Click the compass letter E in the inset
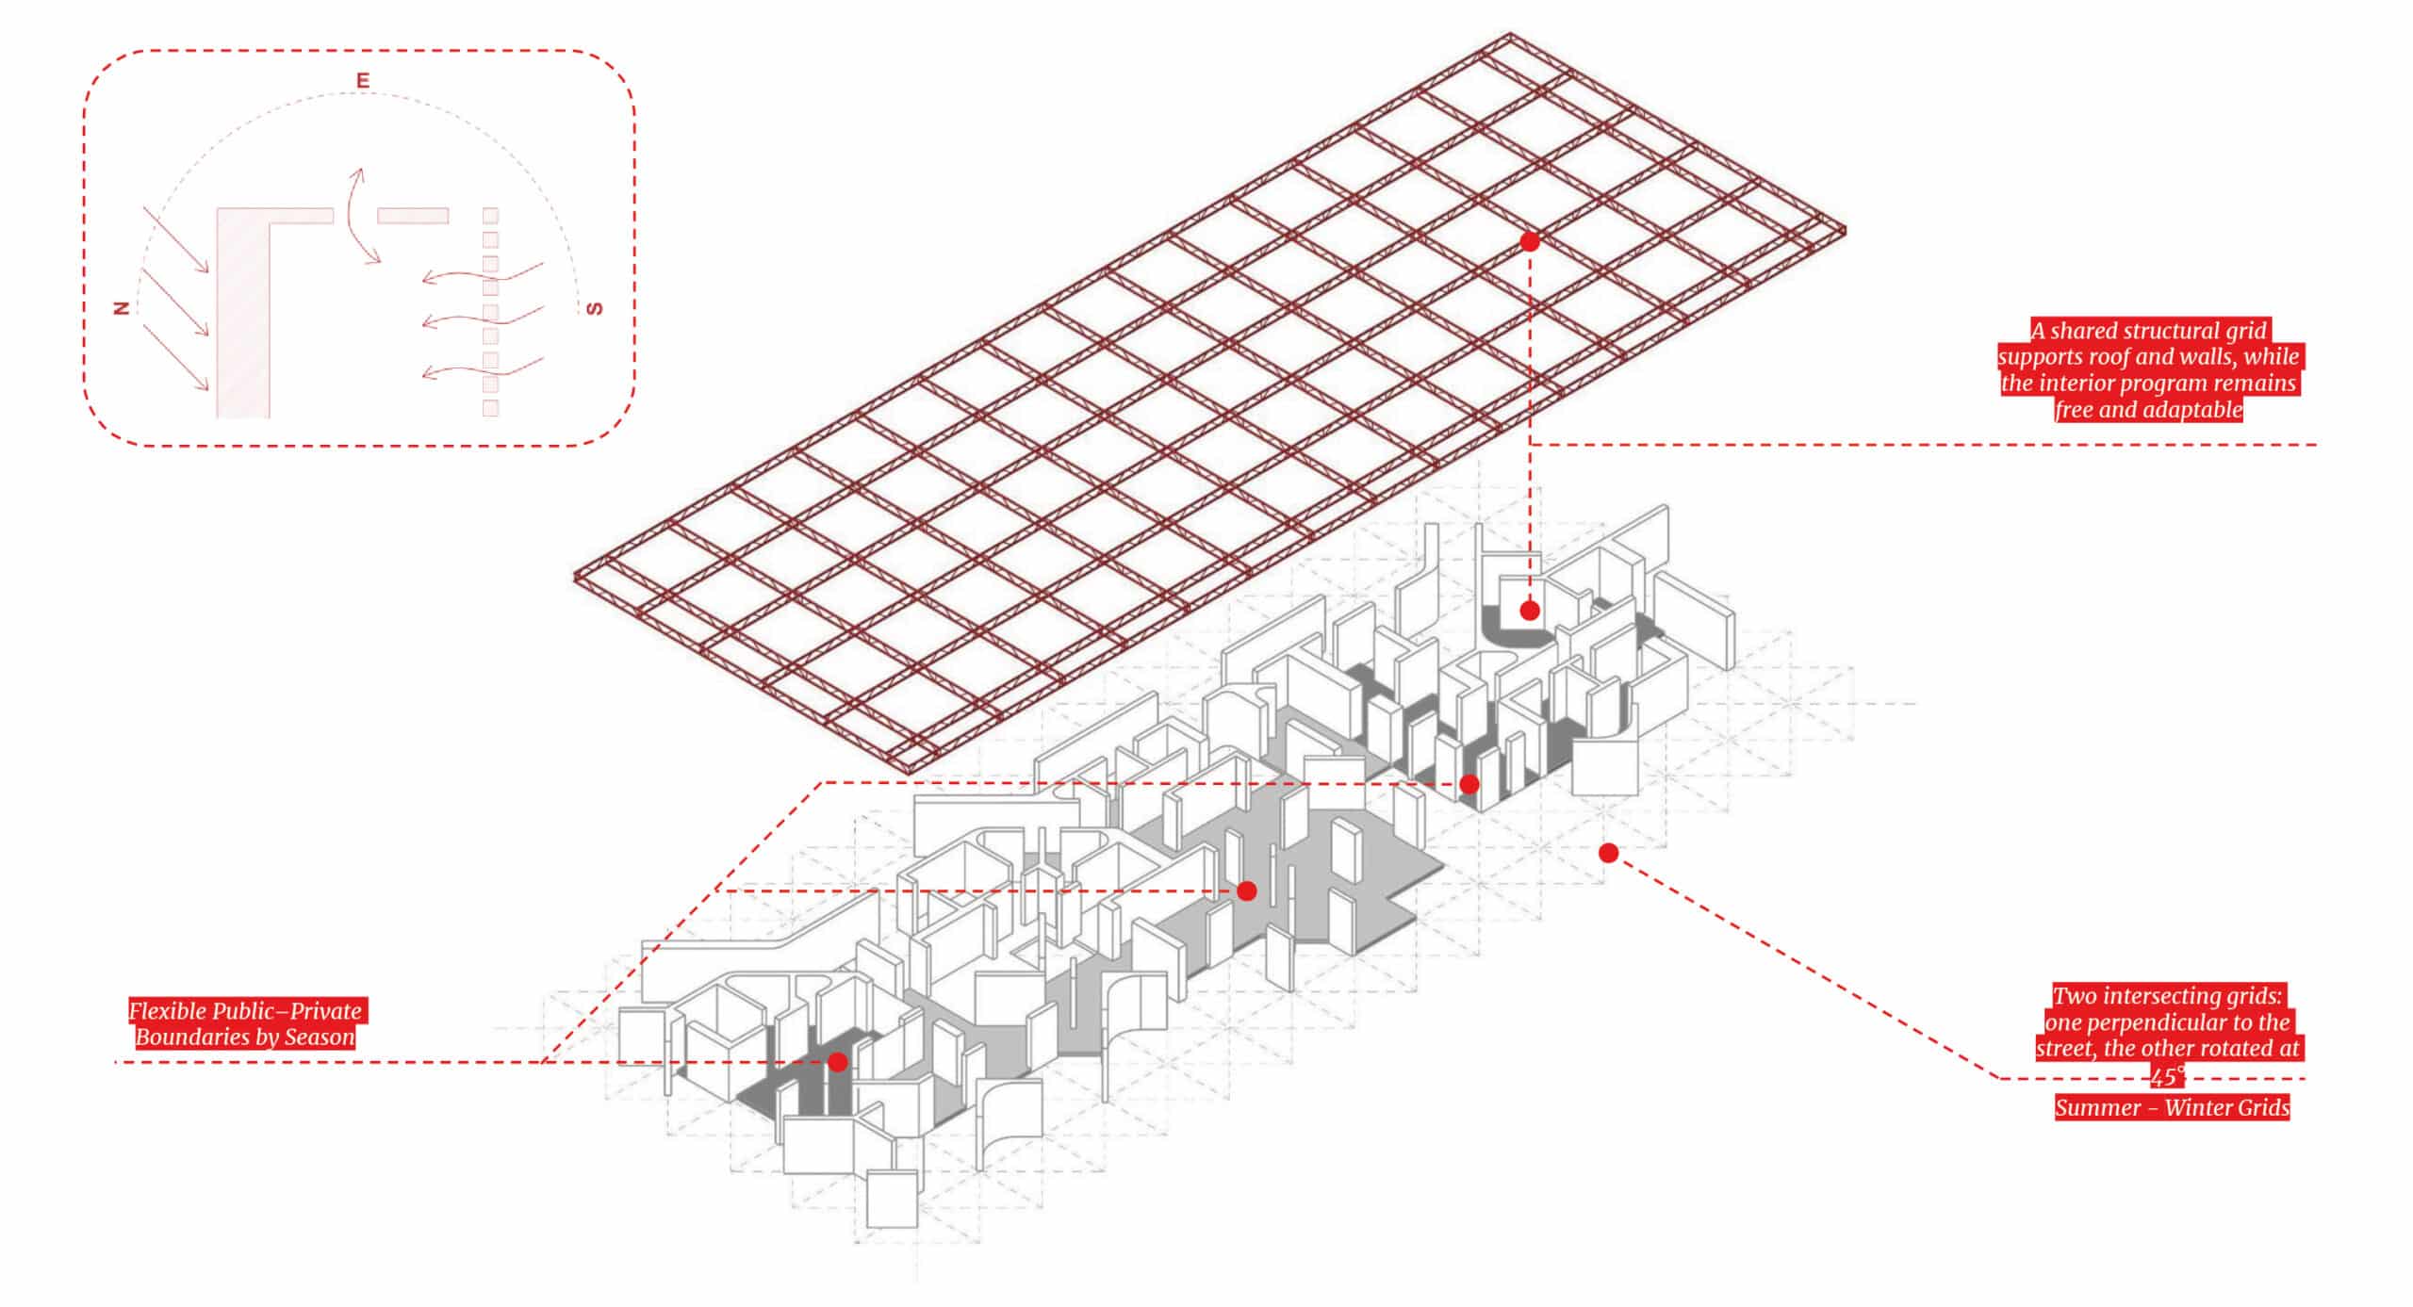363,81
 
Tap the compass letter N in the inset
121,307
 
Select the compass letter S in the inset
594,308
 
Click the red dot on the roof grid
1530,242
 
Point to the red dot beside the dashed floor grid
1609,853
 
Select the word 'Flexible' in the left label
167,1011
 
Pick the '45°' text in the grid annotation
2168,1076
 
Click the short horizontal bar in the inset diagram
413,216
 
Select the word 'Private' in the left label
325,1011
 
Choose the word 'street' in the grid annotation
2063,1049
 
